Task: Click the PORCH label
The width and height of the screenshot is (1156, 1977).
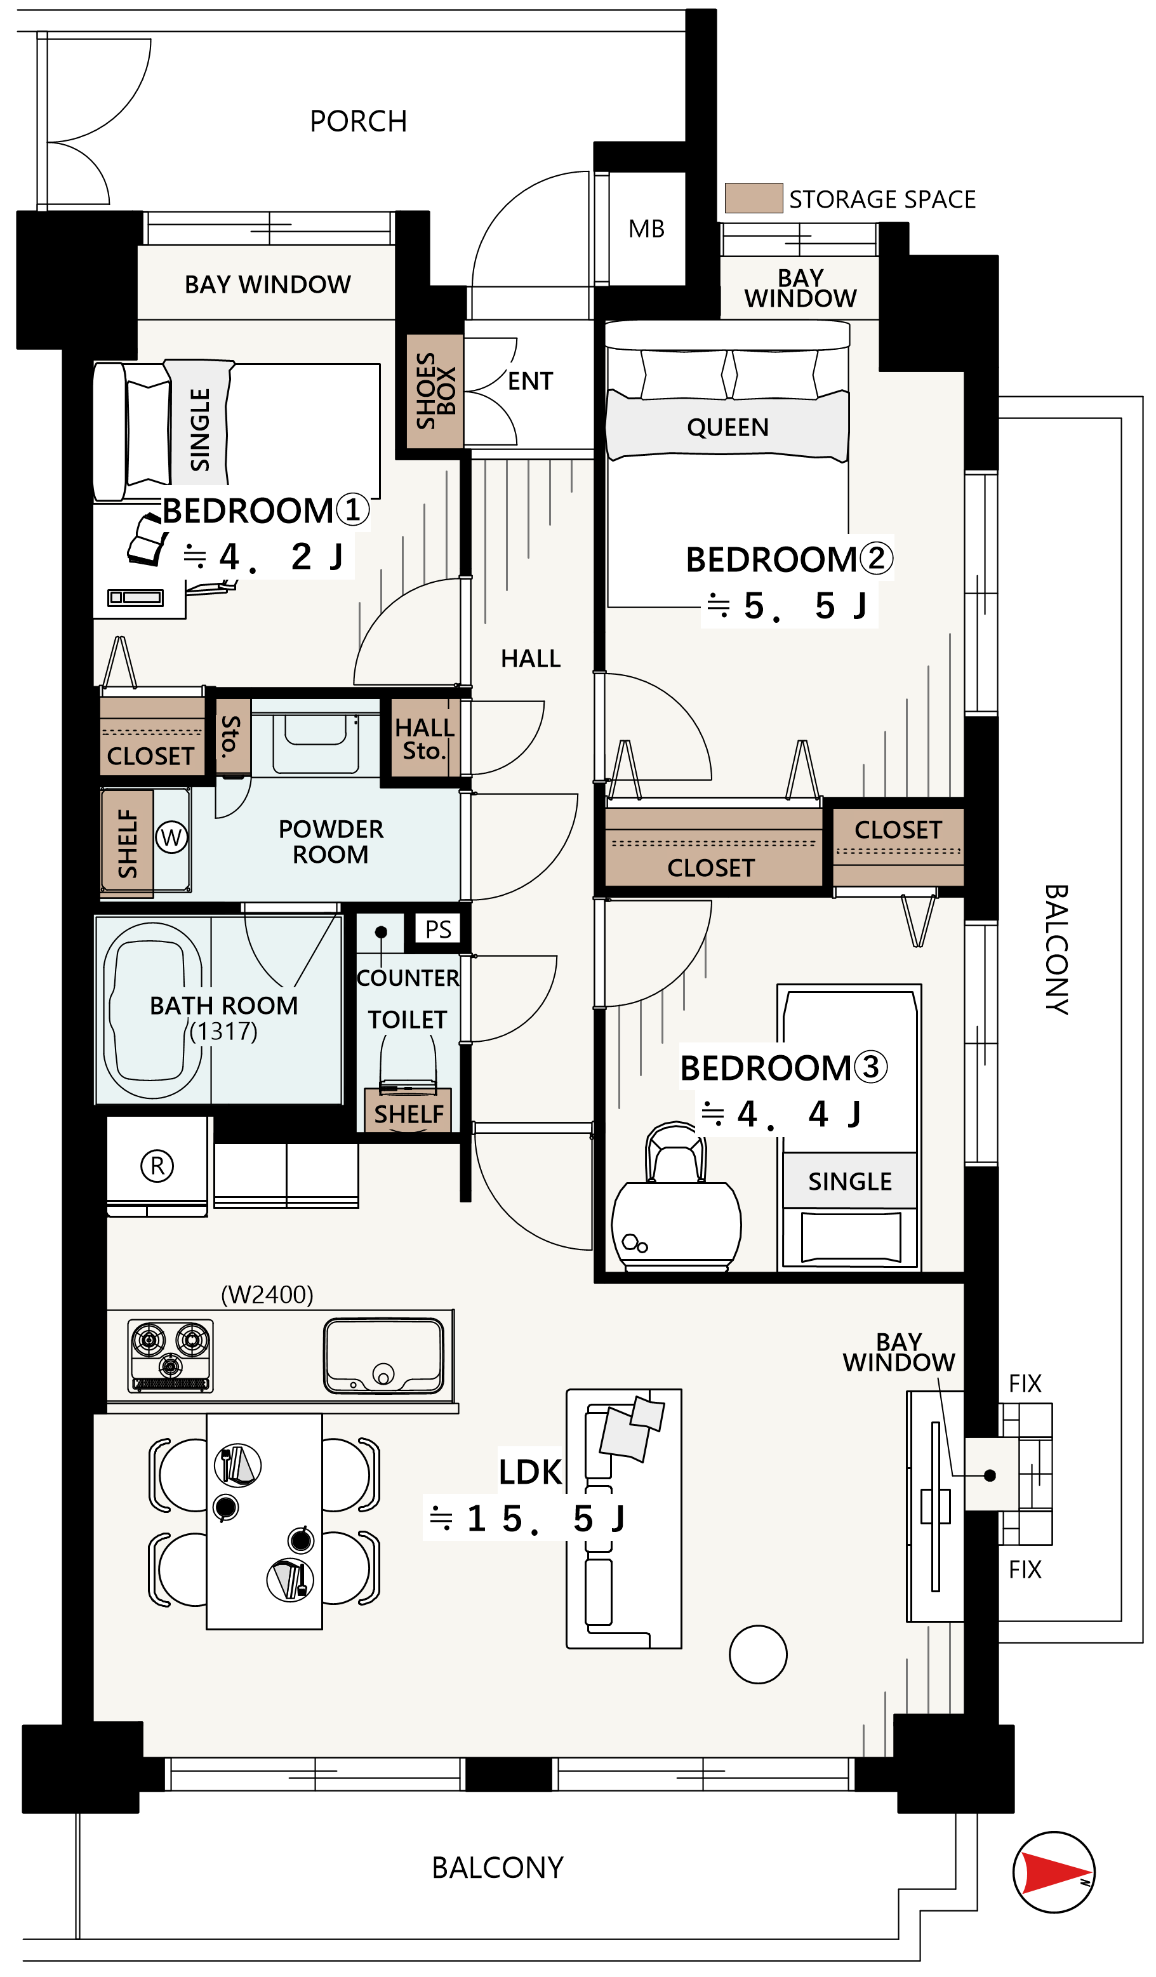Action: (359, 122)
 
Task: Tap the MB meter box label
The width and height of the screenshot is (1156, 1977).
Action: (646, 229)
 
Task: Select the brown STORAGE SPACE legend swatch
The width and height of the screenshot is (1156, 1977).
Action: (753, 197)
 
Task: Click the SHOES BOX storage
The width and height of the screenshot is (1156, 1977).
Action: (434, 390)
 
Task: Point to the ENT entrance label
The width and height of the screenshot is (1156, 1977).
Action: (530, 382)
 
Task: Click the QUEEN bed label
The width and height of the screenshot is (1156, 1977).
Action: (727, 427)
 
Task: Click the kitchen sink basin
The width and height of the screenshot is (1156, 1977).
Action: (383, 1355)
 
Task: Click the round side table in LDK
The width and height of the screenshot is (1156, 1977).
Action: (757, 1654)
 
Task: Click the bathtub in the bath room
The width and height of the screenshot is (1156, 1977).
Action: (152, 1011)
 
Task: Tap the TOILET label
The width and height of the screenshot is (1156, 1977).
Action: (407, 1020)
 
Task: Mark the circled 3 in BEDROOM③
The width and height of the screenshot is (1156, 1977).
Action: (870, 1067)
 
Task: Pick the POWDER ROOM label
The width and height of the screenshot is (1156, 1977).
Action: (330, 842)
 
